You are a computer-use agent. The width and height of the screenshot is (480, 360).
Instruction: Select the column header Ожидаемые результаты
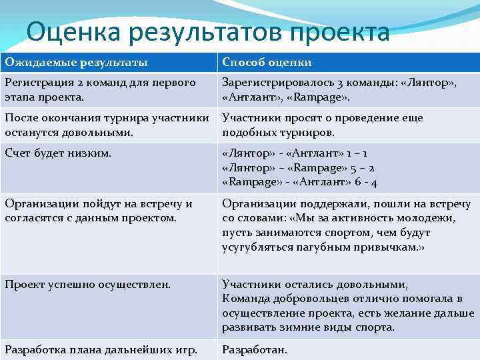(x=77, y=63)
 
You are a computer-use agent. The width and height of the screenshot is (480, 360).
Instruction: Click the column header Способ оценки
(x=267, y=63)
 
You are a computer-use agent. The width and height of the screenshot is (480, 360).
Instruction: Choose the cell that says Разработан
(x=255, y=348)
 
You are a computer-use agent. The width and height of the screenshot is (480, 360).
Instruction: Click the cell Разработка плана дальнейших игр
(x=101, y=348)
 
